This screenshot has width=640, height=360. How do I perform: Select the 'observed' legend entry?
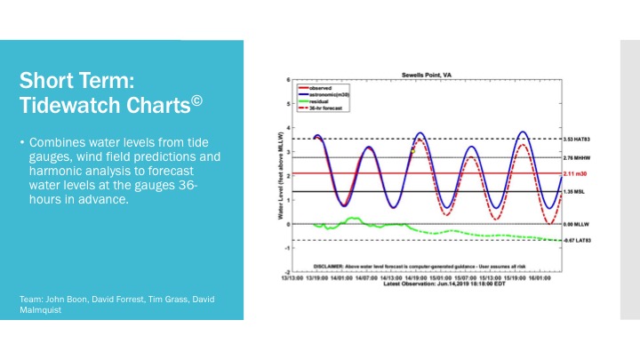pyautogui.click(x=322, y=87)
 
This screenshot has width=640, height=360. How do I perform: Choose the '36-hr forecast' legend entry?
pyautogui.click(x=325, y=106)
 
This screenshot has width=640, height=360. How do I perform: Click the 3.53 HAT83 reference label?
pyautogui.click(x=579, y=139)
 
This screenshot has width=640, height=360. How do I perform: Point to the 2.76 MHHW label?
pyautogui.click(x=579, y=157)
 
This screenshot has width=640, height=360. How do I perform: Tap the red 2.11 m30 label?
pyautogui.click(x=576, y=173)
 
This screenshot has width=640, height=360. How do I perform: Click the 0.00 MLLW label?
pyautogui.click(x=577, y=223)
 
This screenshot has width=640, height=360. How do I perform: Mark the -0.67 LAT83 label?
pyautogui.click(x=579, y=240)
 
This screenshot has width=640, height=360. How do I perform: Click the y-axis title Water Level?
pyautogui.click(x=282, y=177)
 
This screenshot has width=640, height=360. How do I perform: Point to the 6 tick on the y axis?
pyautogui.click(x=287, y=81)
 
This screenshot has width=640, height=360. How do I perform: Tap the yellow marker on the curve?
pyautogui.click(x=412, y=151)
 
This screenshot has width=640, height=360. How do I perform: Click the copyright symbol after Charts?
pyautogui.click(x=197, y=100)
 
